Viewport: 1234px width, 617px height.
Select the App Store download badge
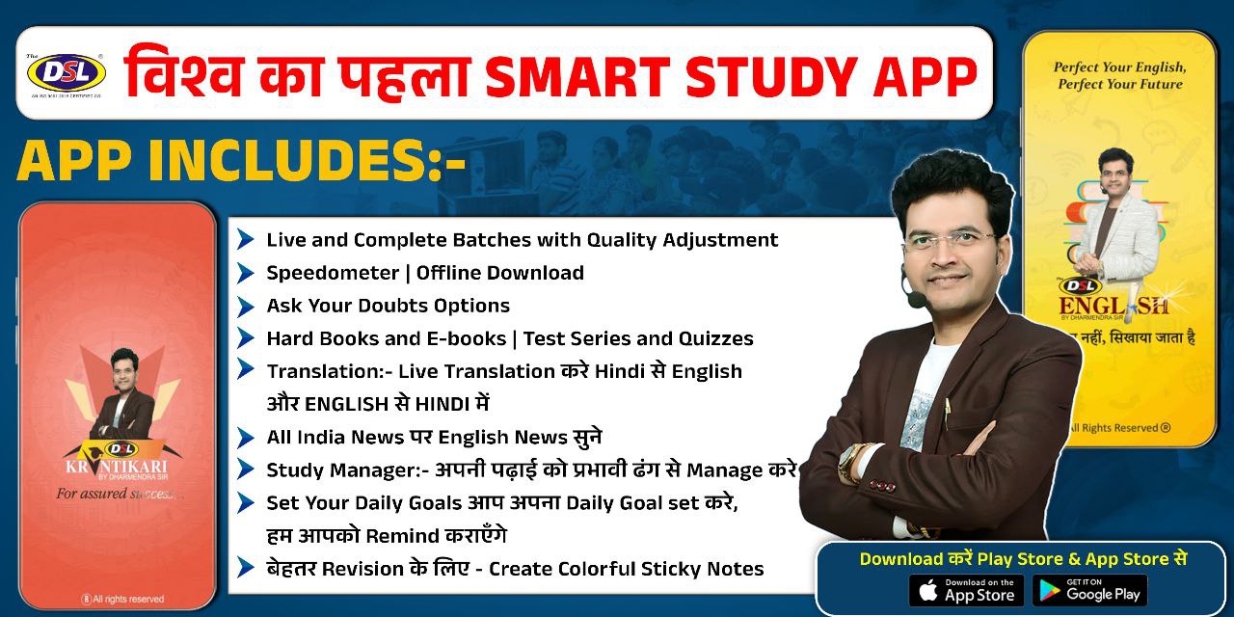click(x=966, y=590)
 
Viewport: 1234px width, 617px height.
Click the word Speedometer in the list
click(x=333, y=273)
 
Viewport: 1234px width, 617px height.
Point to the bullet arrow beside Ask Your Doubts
click(x=246, y=306)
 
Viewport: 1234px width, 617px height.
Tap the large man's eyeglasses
click(x=950, y=237)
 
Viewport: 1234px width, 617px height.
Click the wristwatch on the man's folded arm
click(x=850, y=461)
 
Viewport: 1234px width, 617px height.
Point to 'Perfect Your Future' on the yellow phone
click(x=1118, y=85)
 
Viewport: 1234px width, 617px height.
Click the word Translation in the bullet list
click(x=323, y=371)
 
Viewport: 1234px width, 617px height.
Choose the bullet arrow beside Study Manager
click(x=246, y=469)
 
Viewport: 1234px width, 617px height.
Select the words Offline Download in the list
click(x=499, y=273)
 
